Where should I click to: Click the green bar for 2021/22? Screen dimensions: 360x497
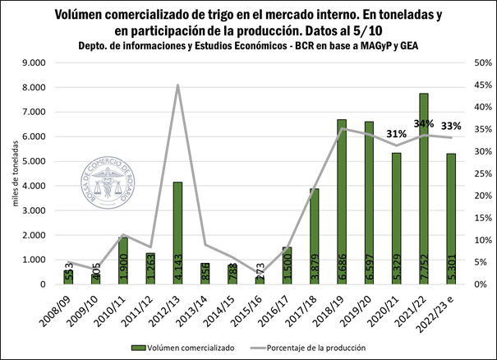(423, 189)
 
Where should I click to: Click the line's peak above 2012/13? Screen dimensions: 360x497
(177, 85)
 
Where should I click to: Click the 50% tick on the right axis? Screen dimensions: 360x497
(460, 62)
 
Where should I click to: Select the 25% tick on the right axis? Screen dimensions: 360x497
(460, 173)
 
